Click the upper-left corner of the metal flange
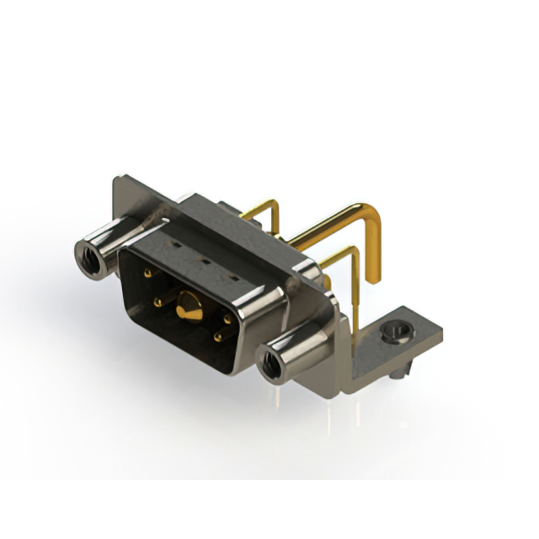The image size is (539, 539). (118, 179)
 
